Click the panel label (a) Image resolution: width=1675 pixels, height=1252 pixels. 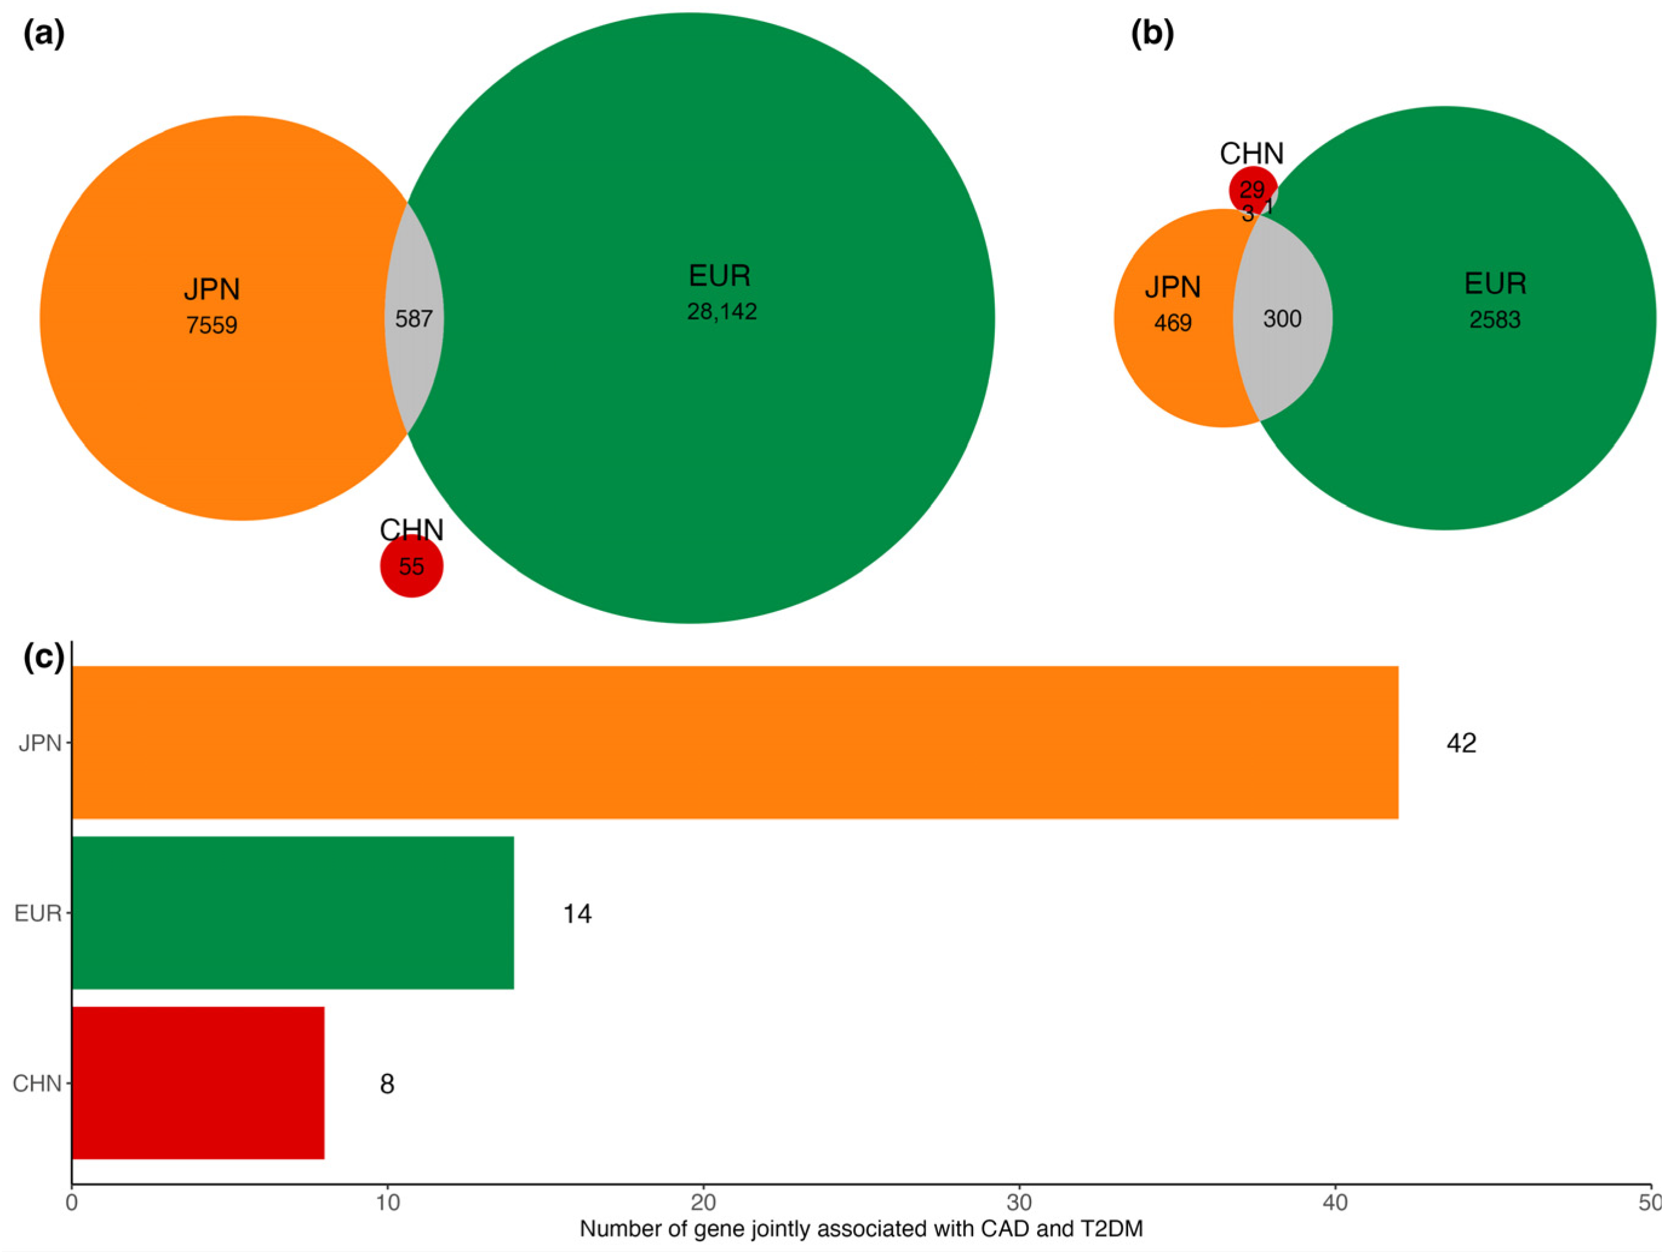pyautogui.click(x=44, y=34)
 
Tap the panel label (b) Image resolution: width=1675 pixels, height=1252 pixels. pyautogui.click(x=1152, y=34)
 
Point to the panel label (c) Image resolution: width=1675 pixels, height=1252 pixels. pyautogui.click(x=44, y=657)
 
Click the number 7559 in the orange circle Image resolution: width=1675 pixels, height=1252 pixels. pyautogui.click(x=212, y=325)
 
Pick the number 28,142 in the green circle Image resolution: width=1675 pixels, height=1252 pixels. pyautogui.click(x=722, y=311)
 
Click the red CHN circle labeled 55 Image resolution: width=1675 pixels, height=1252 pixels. pyautogui.click(x=411, y=566)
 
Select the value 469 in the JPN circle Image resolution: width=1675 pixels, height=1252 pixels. pyautogui.click(x=1172, y=323)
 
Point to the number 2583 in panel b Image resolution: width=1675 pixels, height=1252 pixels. pyautogui.click(x=1495, y=320)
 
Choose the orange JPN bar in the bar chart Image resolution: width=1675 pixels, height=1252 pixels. pyautogui.click(x=735, y=742)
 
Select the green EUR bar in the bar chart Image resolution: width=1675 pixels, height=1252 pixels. pyautogui.click(x=293, y=913)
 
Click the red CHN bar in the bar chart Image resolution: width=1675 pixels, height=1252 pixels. pyautogui.click(x=198, y=1083)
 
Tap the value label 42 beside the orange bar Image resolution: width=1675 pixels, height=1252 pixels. pyautogui.click(x=1461, y=743)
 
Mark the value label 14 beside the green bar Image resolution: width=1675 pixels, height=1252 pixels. pyautogui.click(x=577, y=914)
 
